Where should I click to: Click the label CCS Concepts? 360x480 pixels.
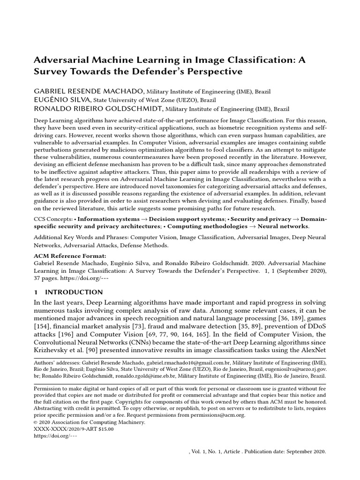[53, 219]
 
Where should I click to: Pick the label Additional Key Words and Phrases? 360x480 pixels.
[81, 238]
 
